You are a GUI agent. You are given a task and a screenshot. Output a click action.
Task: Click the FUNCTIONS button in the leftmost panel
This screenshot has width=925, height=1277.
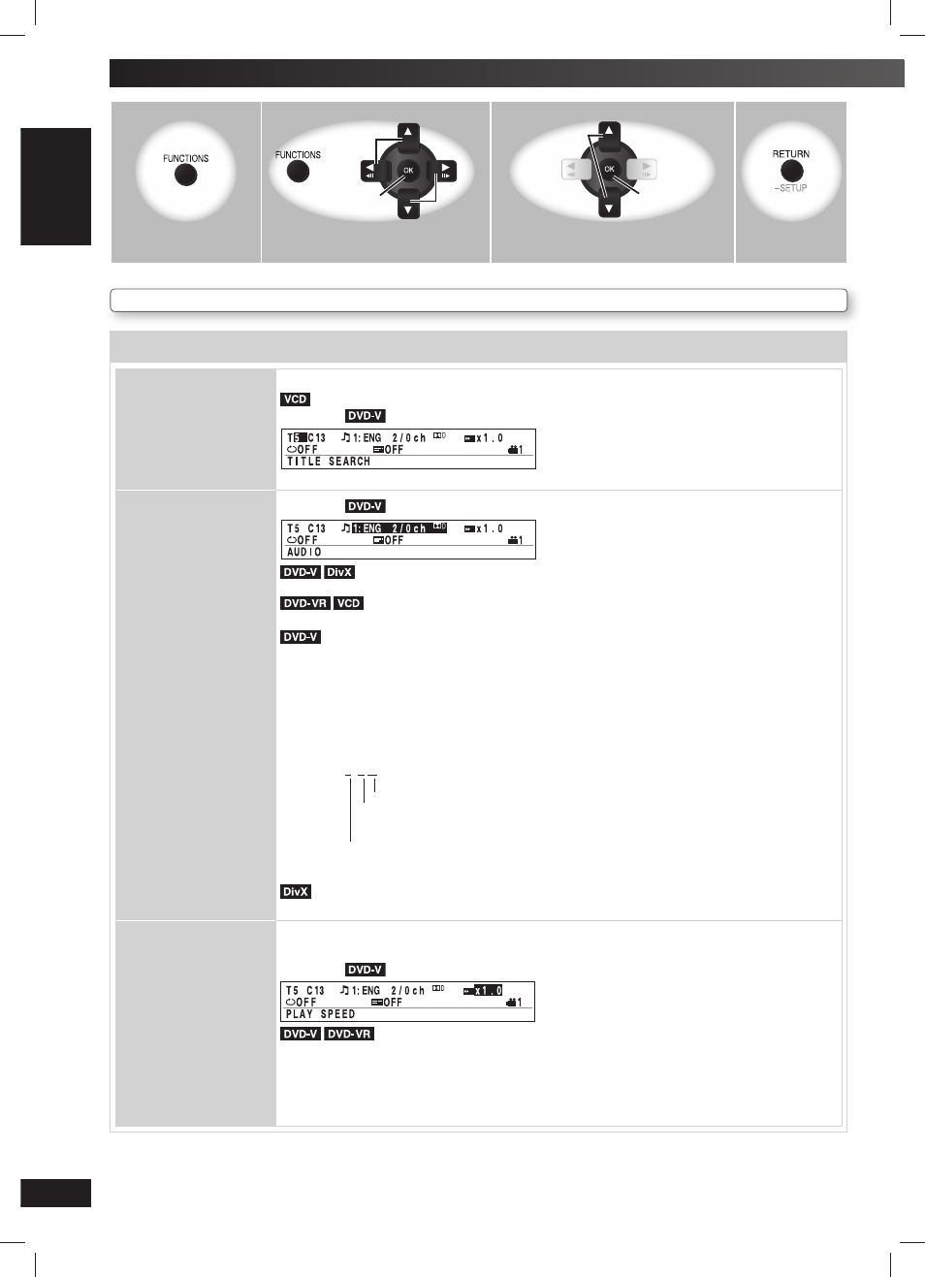(x=185, y=175)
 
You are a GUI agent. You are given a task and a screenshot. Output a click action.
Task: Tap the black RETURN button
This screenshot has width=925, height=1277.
(x=791, y=171)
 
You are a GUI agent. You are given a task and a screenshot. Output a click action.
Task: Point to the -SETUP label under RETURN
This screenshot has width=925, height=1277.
(x=790, y=188)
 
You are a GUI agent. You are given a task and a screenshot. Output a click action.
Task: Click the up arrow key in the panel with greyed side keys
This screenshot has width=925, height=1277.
(x=609, y=132)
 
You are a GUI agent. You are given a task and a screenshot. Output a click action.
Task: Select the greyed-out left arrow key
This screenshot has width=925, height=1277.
(x=572, y=170)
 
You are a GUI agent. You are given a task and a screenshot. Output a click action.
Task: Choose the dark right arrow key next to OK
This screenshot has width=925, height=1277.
(x=445, y=171)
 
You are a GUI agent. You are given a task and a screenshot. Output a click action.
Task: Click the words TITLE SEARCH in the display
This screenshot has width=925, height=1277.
(x=329, y=462)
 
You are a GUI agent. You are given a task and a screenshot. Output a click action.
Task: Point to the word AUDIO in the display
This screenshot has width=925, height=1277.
(x=304, y=552)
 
